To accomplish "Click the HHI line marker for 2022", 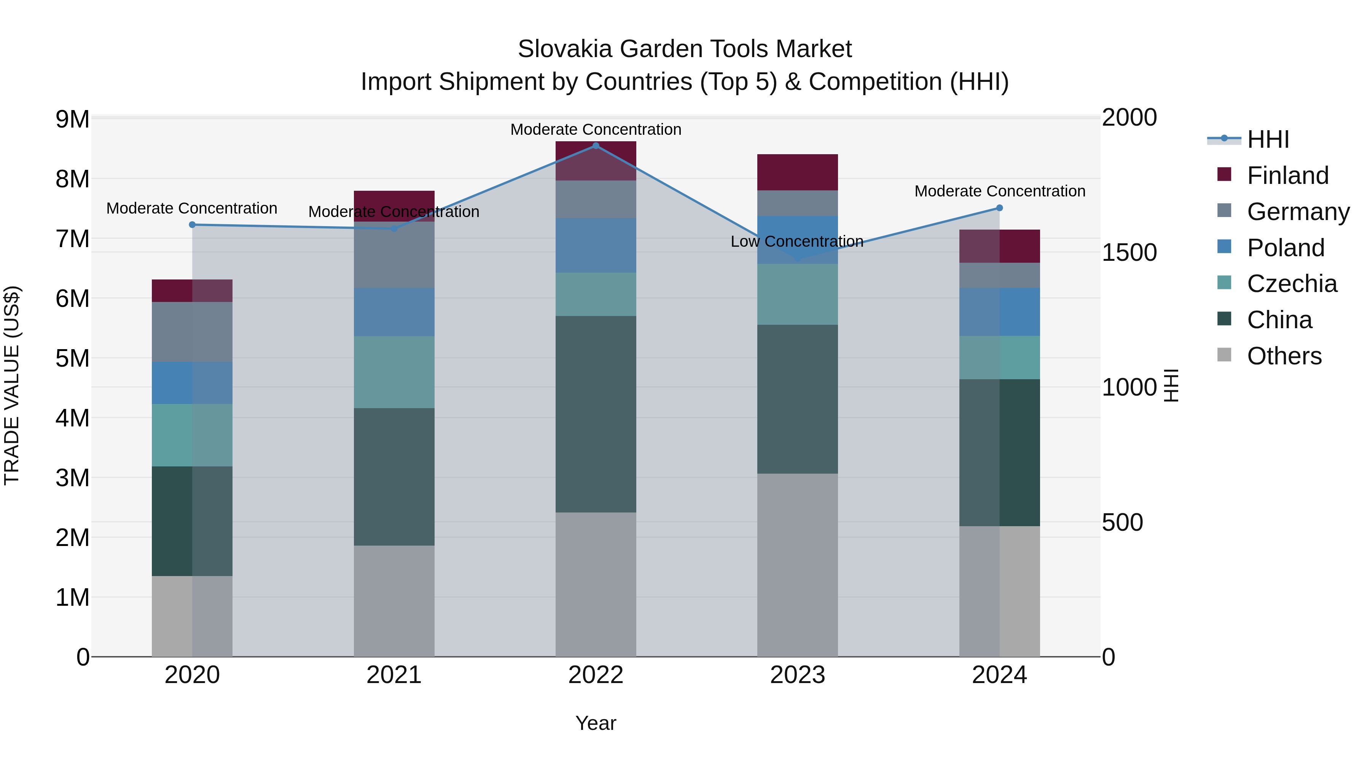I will point(596,145).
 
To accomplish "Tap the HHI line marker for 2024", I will point(999,208).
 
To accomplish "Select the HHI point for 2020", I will point(192,225).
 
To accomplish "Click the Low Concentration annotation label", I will point(797,241).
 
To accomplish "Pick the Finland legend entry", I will point(1287,176).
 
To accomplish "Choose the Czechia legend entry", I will point(1291,284).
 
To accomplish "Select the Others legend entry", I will point(1284,356).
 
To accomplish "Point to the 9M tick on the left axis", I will point(72,119).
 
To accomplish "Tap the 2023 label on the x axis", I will point(797,675).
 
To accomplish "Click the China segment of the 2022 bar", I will point(596,414).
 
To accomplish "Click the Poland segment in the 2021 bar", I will point(394,312).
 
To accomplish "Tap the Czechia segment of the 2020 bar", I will point(192,435).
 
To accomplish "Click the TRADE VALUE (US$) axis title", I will point(12,385).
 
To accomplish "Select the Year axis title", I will point(596,723).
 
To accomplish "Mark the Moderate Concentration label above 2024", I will point(999,191).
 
